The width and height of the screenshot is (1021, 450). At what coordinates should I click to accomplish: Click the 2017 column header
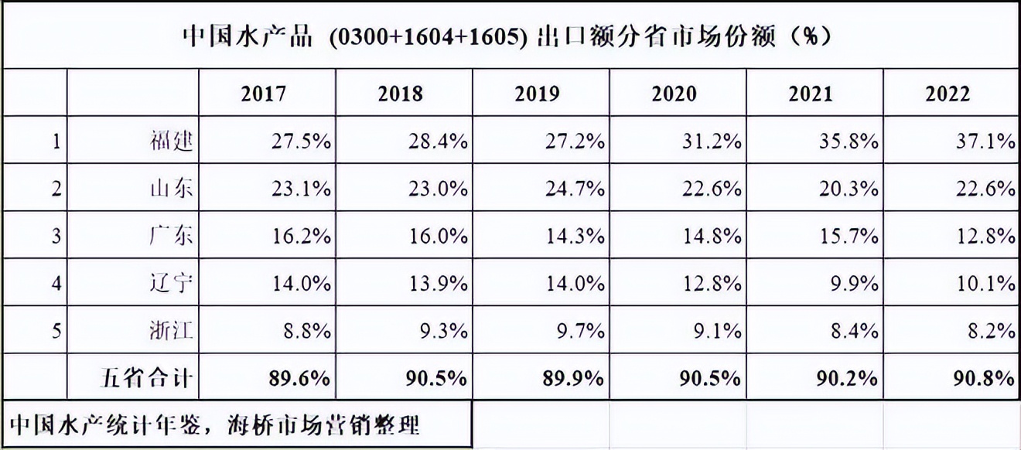[263, 94]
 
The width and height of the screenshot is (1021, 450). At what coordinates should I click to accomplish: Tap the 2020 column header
[674, 94]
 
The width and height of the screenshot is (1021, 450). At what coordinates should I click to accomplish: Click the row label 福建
[170, 141]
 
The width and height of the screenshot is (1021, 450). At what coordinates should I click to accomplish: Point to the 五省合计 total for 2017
[301, 378]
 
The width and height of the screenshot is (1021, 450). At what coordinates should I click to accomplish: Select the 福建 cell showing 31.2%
[712, 141]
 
